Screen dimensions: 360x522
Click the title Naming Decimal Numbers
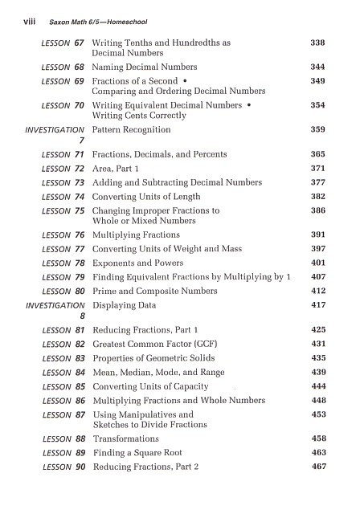click(145, 67)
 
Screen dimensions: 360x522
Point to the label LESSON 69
click(63, 82)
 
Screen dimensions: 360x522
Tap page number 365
click(317, 154)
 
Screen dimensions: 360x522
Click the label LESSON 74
click(63, 197)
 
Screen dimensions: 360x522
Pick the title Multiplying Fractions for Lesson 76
click(137, 235)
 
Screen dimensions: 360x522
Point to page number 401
click(317, 263)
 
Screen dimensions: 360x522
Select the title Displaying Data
click(125, 306)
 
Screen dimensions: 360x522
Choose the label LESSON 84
click(63, 373)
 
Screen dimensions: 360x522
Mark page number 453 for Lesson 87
click(317, 414)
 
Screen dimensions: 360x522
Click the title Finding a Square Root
click(137, 454)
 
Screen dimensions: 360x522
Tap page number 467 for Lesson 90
click(317, 467)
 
